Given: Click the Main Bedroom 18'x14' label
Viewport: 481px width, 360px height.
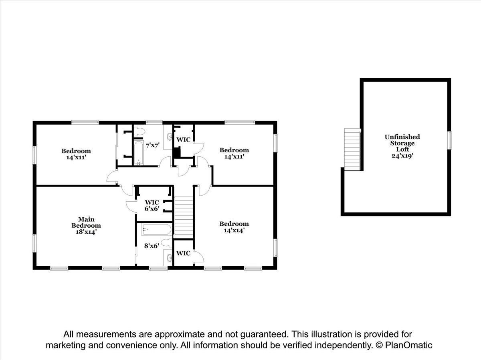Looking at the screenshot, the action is (x=86, y=225).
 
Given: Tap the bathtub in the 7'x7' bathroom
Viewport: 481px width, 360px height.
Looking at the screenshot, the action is (x=139, y=153).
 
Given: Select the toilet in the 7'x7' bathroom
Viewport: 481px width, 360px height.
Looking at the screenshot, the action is (x=139, y=131).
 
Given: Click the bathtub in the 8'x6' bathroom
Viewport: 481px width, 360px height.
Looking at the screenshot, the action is (x=156, y=230).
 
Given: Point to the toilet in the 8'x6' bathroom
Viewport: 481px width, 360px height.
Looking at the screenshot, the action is (x=166, y=243).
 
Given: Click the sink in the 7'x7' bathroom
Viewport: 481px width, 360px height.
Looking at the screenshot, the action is (x=170, y=137).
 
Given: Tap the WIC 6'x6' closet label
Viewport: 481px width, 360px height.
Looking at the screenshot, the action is (x=152, y=205).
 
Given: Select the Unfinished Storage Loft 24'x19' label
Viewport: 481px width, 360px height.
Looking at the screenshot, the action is (x=402, y=146).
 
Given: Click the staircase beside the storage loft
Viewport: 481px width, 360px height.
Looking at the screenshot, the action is (x=352, y=150).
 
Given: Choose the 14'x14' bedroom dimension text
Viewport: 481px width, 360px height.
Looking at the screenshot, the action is (x=234, y=230).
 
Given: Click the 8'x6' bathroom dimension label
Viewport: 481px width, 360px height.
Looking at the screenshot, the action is (x=152, y=246).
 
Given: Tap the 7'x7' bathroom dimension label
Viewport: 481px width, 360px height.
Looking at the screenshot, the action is (x=153, y=146).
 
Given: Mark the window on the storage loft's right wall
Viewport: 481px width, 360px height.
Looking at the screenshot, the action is (x=449, y=140).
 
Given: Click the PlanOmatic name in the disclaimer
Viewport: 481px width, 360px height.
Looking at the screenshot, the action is (x=409, y=345).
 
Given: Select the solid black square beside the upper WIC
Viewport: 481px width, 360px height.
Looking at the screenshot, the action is (x=177, y=152).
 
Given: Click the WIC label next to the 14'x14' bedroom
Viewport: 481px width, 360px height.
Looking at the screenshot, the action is (x=183, y=253).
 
